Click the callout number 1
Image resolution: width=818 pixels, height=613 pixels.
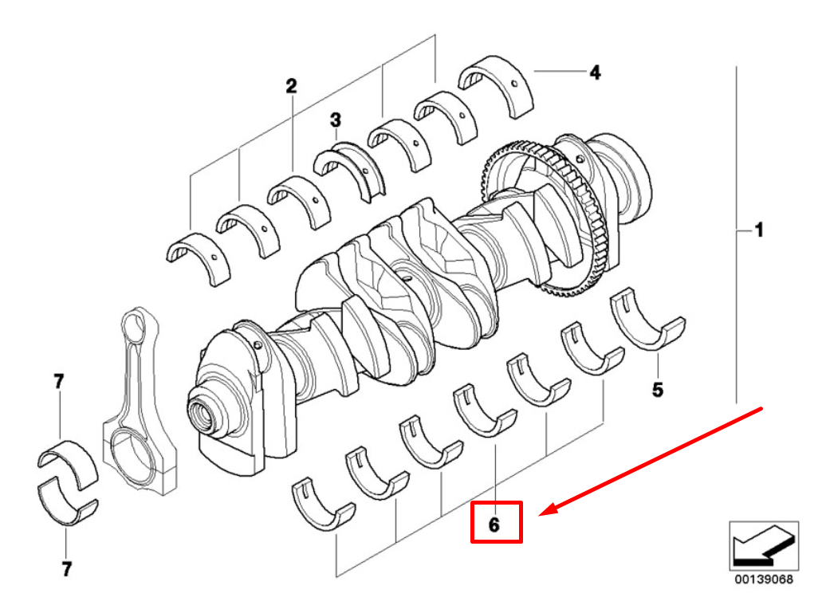click(x=758, y=230)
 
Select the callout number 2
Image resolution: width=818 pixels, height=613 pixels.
click(x=292, y=85)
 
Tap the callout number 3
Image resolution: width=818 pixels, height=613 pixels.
click(x=336, y=120)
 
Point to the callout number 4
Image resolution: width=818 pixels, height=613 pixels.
click(x=595, y=73)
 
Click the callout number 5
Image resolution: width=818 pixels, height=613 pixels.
click(x=658, y=390)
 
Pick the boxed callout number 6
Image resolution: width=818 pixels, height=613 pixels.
click(x=495, y=524)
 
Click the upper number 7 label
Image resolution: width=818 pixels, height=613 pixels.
click(x=59, y=382)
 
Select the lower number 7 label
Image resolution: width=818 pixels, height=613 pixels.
click(x=66, y=569)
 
